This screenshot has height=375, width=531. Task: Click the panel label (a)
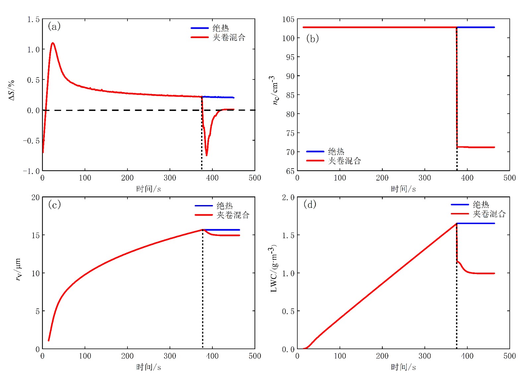tap(54, 26)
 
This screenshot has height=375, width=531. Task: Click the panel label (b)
tap(312, 38)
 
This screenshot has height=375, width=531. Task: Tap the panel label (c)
tap(54, 204)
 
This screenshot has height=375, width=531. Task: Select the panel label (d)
tap(310, 204)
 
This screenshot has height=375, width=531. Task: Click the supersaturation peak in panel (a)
tap(52, 43)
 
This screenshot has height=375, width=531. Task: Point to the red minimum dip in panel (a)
tap(206, 155)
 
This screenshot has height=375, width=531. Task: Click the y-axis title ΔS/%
tap(12, 90)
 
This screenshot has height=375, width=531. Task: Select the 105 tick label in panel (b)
tap(288, 19)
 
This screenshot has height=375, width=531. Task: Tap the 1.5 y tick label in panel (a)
tap(33, 19)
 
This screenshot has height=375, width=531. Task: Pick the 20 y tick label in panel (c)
tap(36, 197)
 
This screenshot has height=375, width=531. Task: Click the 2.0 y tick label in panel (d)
tap(288, 197)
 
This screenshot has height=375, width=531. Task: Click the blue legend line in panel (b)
tap(315, 151)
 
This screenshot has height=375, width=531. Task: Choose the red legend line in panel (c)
tap(203, 215)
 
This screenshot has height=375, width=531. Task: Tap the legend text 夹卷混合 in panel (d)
tap(489, 214)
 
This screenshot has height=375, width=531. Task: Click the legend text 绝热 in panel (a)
tap(221, 28)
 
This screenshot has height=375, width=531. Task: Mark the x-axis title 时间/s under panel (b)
tap(403, 189)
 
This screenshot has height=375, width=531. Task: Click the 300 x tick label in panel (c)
tap(170, 356)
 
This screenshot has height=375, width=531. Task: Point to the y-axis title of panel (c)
tap(19, 269)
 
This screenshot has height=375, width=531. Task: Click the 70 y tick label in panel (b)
tap(290, 152)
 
